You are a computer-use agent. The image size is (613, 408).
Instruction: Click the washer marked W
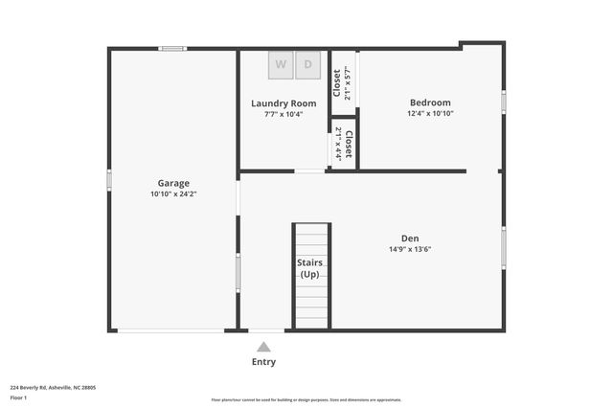pos(281,65)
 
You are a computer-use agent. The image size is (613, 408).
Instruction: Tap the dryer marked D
pos(308,65)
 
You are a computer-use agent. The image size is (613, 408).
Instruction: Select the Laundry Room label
pos(284,103)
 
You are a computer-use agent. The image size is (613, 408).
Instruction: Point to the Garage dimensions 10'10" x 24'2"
pos(173,194)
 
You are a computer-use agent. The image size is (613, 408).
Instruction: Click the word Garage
pos(173,183)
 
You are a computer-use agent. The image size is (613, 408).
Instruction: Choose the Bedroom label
pos(430,102)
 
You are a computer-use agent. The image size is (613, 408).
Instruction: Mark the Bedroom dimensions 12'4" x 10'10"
pos(430,114)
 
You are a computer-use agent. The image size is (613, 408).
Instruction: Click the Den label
pos(410,238)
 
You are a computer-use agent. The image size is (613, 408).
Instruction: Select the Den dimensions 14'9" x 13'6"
pos(410,250)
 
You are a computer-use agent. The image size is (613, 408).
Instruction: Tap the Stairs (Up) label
pos(310,268)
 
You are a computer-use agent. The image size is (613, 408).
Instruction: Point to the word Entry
pos(263,362)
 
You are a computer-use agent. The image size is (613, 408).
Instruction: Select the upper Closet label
pos(336,83)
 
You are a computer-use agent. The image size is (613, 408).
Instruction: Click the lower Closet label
pos(349,144)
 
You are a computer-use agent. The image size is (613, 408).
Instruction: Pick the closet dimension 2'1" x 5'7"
pos(348,83)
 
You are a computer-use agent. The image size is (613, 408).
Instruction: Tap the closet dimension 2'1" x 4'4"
pos(338,144)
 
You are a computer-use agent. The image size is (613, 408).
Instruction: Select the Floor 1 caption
pos(18,397)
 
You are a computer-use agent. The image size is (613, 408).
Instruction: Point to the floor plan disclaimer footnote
pos(306,400)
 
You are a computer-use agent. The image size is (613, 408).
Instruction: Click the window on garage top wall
pos(172,48)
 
